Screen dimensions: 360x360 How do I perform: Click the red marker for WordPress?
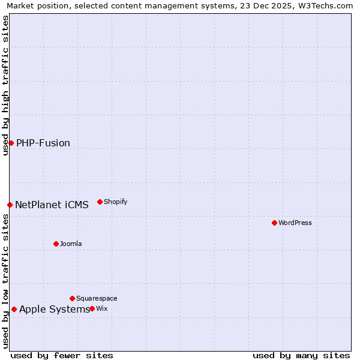click(274, 223)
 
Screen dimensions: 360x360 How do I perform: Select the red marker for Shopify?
click(100, 202)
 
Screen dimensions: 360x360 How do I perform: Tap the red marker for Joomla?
click(56, 244)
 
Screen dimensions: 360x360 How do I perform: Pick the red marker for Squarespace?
click(72, 298)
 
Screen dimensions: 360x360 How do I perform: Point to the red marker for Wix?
click(92, 308)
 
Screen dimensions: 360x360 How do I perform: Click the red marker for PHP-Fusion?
click(11, 143)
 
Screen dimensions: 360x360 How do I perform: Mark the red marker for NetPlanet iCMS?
click(10, 205)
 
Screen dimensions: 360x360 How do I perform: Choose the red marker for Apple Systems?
click(14, 309)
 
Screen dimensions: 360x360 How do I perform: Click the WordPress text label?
click(295, 223)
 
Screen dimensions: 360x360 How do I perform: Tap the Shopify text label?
click(116, 202)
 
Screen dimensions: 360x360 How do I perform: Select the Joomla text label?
click(71, 244)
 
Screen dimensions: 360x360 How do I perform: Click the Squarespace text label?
click(97, 298)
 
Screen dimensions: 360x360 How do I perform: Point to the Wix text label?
click(102, 308)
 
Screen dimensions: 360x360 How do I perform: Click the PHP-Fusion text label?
click(43, 143)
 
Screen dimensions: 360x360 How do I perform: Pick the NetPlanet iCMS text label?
click(52, 205)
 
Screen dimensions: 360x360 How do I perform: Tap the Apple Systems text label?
click(55, 309)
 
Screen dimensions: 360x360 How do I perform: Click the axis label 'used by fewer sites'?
click(62, 355)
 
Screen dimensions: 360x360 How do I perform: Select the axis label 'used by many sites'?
click(301, 355)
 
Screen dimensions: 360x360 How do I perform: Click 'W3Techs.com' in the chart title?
click(326, 6)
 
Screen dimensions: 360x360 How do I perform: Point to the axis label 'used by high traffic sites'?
click(5, 85)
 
